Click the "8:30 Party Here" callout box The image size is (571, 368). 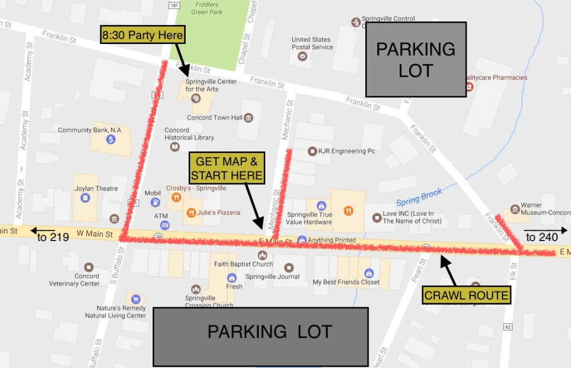[142, 36]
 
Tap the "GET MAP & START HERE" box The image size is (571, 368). [227, 169]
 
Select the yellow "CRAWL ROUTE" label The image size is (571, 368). [467, 296]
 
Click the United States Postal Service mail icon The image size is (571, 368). [302, 57]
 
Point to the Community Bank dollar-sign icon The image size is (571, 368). [111, 139]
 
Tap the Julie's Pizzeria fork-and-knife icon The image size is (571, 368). [191, 212]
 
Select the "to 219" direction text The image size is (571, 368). [53, 237]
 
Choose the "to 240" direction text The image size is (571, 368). [542, 238]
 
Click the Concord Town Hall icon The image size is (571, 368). [248, 117]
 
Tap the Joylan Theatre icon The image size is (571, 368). [85, 198]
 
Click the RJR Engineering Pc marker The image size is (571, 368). [312, 151]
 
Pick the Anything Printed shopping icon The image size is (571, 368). [302, 240]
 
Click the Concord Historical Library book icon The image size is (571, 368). [175, 146]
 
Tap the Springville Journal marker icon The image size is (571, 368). [288, 267]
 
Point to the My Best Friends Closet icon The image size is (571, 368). [368, 273]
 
